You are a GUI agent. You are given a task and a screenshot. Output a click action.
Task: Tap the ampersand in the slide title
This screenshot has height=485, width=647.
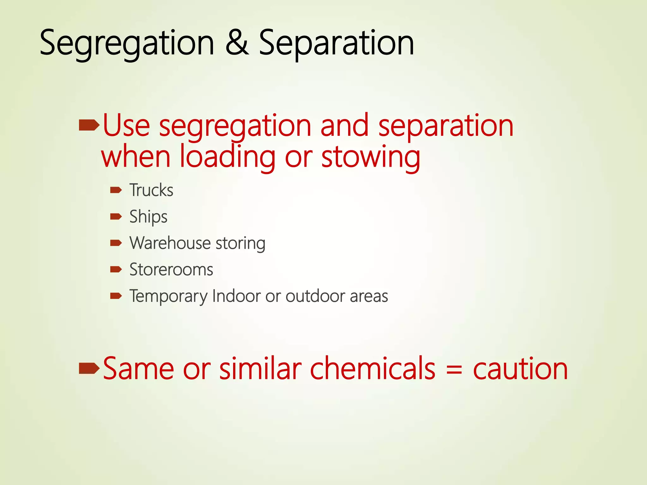237,43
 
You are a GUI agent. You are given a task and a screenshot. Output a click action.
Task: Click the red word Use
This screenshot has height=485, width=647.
126,126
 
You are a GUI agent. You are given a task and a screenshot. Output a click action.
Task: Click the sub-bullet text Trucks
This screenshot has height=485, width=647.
151,190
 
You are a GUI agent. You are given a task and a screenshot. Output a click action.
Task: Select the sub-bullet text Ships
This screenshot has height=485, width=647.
148,217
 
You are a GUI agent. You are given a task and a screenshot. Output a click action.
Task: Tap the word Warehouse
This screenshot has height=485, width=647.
170,243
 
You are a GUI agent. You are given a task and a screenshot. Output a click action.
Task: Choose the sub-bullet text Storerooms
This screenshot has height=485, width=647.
171,270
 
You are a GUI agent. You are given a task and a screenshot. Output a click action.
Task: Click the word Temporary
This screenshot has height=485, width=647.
168,296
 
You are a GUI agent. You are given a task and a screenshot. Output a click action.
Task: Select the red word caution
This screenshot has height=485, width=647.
520,369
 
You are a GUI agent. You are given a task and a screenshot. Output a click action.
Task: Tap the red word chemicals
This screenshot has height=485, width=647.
373,368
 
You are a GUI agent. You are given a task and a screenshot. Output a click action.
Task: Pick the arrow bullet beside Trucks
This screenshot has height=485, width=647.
116,190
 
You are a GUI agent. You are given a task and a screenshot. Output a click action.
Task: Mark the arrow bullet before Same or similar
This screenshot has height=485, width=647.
89,368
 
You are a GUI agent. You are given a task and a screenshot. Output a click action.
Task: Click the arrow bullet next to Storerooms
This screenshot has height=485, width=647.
116,269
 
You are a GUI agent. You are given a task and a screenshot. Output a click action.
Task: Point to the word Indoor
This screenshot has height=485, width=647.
237,296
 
